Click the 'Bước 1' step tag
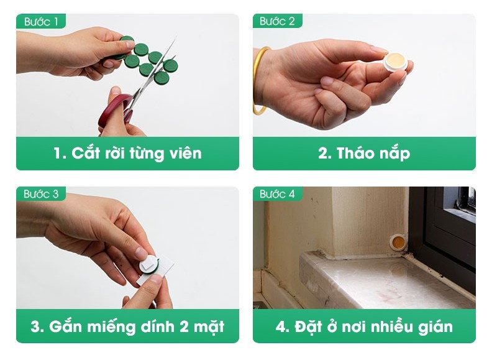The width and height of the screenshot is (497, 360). click(41, 21)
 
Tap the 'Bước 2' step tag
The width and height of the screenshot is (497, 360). click(277, 21)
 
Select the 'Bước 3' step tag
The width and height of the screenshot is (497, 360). click(41, 193)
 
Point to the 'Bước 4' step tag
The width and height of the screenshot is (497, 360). click(277, 193)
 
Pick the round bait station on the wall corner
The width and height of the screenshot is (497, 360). click(398, 242)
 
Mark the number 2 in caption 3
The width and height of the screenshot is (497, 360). click(185, 326)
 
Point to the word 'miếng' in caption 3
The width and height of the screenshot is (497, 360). click(111, 326)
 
